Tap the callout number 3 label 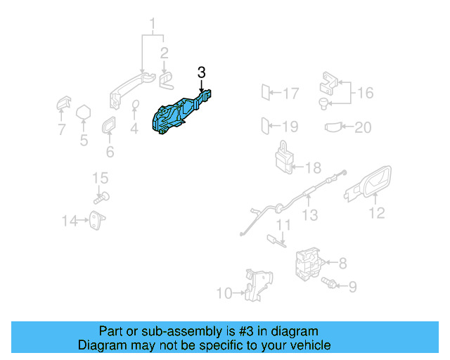tap(201, 72)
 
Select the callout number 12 tap(377, 212)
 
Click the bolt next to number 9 tap(328, 283)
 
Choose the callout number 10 tap(224, 293)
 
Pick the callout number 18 tap(313, 168)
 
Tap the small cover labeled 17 tap(266, 92)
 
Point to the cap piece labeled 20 tap(335, 127)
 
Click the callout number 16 tap(366, 93)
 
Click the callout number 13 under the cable tap(310, 216)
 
